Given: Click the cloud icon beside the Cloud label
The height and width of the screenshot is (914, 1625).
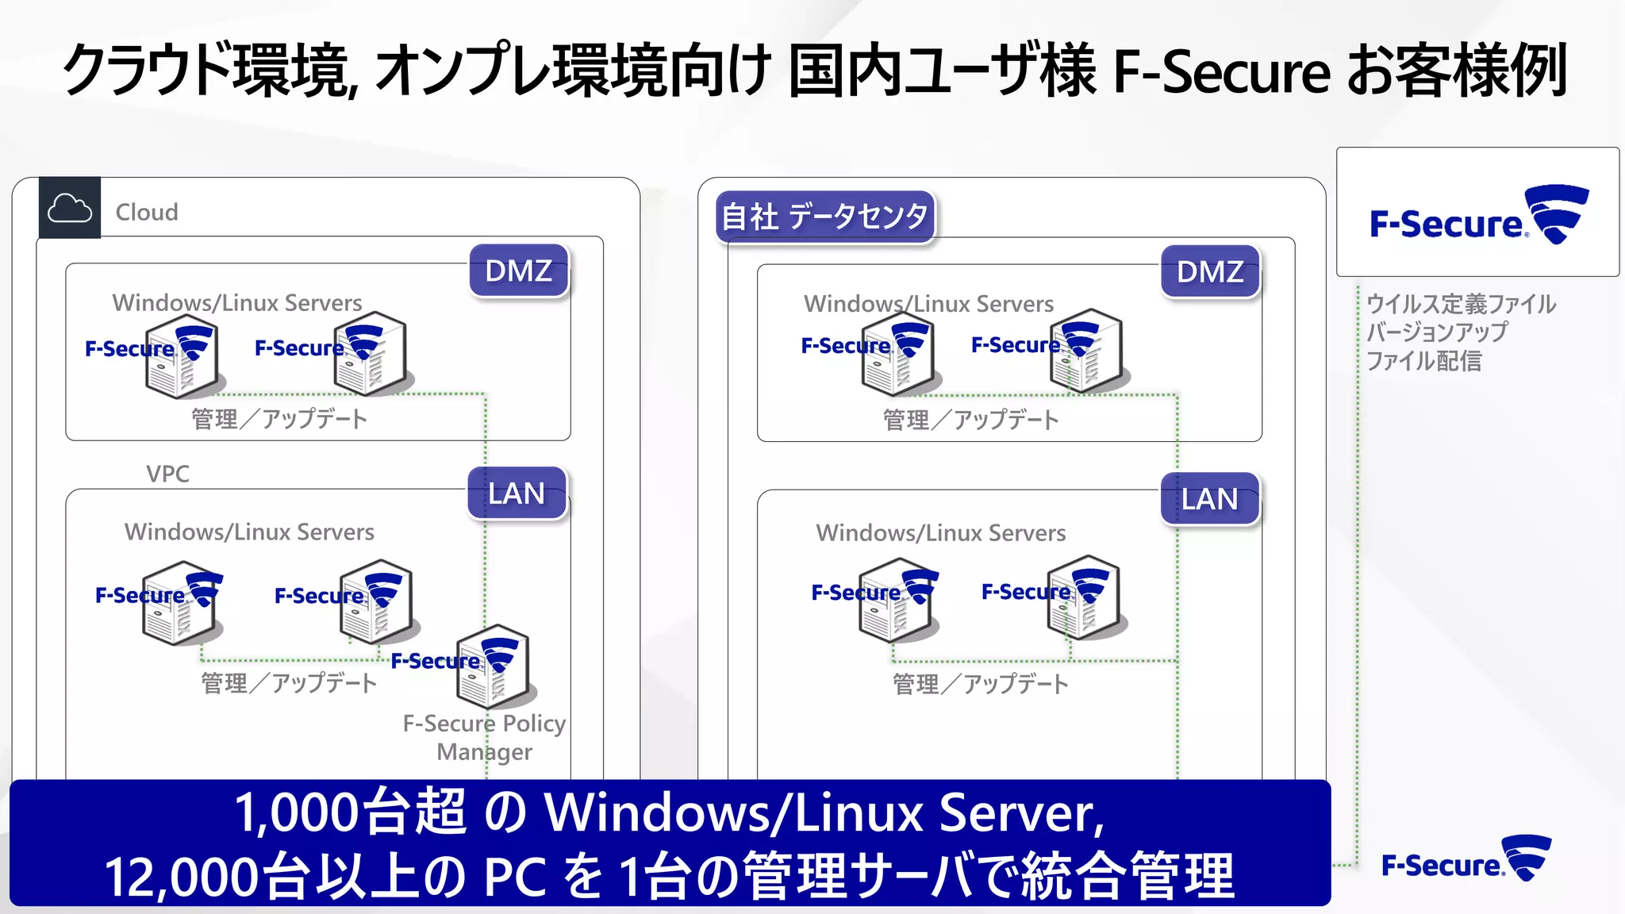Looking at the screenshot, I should point(70,209).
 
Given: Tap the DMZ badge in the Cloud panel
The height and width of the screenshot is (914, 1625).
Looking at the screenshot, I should point(519,271).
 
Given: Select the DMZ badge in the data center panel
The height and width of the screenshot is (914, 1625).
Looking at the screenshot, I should point(1210,272).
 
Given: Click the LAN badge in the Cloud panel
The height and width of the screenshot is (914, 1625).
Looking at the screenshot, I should point(517,493).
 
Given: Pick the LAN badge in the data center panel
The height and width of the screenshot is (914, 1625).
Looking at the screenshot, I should point(1209,499).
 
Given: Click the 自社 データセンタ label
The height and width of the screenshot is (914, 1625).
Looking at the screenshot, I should point(825,217).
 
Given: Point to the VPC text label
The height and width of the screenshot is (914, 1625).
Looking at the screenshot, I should point(167,474).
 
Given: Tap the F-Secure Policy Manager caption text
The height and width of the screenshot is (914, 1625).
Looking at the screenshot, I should point(484,737).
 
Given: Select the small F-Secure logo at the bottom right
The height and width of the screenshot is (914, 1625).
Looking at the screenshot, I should point(1466,860).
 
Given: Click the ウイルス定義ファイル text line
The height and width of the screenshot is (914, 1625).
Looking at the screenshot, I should point(1461,304).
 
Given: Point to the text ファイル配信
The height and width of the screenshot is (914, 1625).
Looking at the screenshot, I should point(1423,361).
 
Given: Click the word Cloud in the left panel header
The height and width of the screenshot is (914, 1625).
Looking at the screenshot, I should point(147,212).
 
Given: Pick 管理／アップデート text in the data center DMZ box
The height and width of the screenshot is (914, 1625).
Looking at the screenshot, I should point(970,420).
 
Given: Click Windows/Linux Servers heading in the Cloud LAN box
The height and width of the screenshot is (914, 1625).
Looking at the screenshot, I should point(249,532).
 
